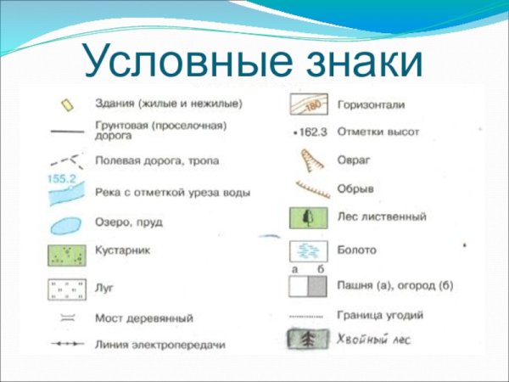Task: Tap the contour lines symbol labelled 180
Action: point(306,104)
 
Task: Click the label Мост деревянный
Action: point(144,318)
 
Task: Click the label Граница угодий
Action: point(380,315)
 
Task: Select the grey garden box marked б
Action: point(316,286)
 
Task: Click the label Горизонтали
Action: point(371,104)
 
